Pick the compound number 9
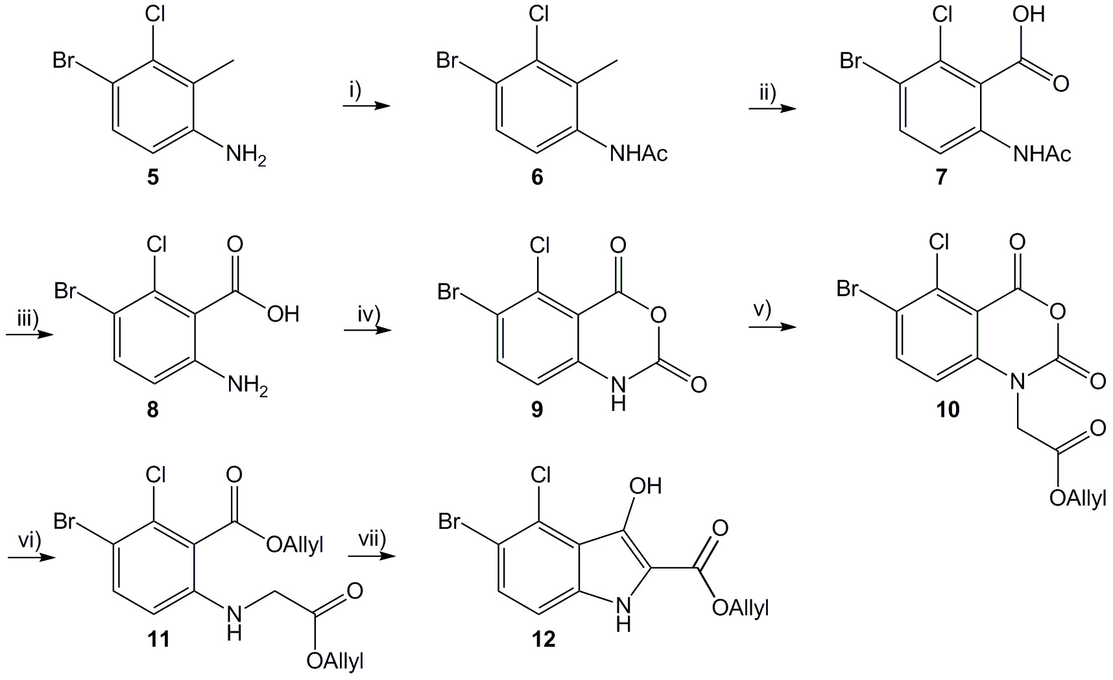[537, 410]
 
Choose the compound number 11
[158, 640]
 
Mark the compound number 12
[544, 640]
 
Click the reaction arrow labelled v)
[772, 327]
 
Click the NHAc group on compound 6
[639, 154]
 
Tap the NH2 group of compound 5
[245, 156]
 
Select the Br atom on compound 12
[449, 521]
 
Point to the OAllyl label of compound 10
[1077, 499]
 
